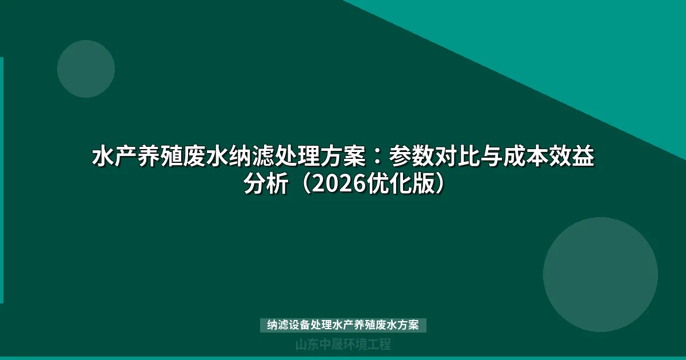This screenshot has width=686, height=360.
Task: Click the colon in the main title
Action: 377,156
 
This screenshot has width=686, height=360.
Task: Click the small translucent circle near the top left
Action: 86,69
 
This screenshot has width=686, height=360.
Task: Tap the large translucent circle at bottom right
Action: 600,274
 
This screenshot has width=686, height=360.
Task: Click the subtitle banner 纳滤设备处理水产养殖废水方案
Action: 343,325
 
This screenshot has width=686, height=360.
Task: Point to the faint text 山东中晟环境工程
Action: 343,345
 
